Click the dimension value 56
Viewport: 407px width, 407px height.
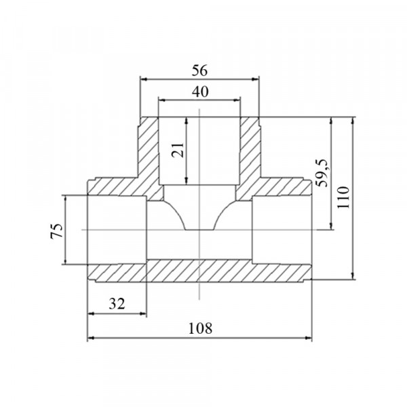[199, 71]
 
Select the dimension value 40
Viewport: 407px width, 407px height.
[200, 92]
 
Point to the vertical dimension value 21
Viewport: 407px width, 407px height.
[178, 150]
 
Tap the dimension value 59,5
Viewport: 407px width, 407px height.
[322, 173]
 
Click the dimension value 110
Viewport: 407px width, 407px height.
[343, 197]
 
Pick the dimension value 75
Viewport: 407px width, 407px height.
[56, 231]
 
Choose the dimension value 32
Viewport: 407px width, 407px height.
[117, 304]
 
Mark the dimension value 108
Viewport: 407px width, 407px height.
[200, 328]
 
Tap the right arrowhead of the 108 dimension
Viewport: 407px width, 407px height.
[309, 338]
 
